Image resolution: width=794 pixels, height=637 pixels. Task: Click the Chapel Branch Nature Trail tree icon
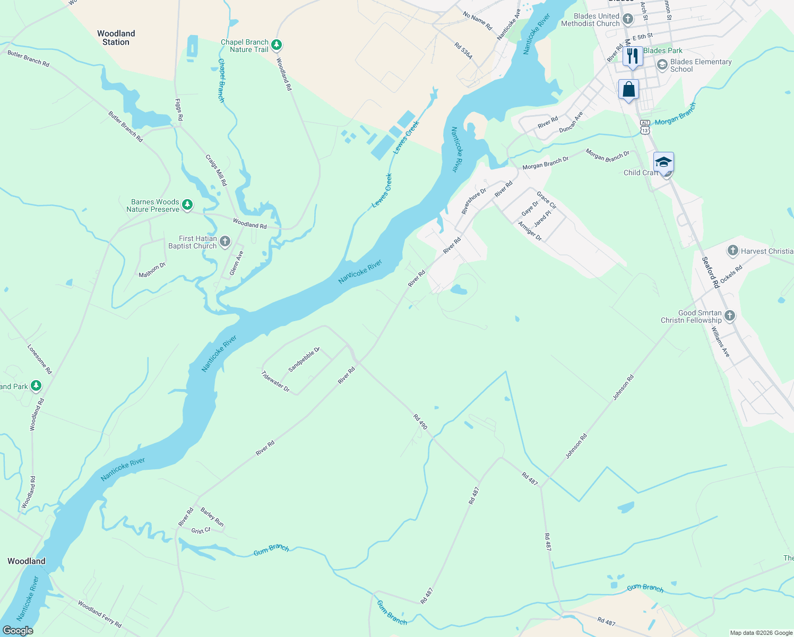(x=276, y=45)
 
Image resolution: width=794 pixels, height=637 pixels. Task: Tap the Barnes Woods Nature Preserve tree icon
(x=187, y=205)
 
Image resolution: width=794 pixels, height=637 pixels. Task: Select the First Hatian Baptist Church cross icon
(x=225, y=242)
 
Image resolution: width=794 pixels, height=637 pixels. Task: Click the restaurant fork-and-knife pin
(x=633, y=56)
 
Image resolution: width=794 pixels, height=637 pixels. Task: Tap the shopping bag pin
(x=628, y=90)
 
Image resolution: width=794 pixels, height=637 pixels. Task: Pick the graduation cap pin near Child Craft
(x=663, y=162)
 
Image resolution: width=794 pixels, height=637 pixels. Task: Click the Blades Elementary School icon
(x=662, y=65)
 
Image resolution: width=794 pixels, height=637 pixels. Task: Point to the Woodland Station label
(x=116, y=38)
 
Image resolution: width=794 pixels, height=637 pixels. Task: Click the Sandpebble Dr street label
(x=304, y=359)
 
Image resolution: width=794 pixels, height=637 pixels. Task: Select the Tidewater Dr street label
(x=275, y=381)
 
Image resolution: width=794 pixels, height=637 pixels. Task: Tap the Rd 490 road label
(x=420, y=422)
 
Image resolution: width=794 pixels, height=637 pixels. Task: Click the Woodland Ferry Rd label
(x=100, y=614)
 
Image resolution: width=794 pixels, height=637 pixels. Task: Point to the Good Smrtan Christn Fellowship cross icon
(x=730, y=316)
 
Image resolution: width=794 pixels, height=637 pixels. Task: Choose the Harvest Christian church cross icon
(x=733, y=251)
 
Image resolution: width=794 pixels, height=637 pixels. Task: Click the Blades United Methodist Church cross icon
(x=628, y=20)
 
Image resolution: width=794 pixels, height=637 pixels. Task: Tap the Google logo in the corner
(x=18, y=630)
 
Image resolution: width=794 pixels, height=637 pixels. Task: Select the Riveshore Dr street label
(x=473, y=201)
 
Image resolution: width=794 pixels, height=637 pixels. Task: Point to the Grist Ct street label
(x=201, y=530)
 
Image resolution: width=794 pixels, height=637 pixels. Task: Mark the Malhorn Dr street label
(x=152, y=270)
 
